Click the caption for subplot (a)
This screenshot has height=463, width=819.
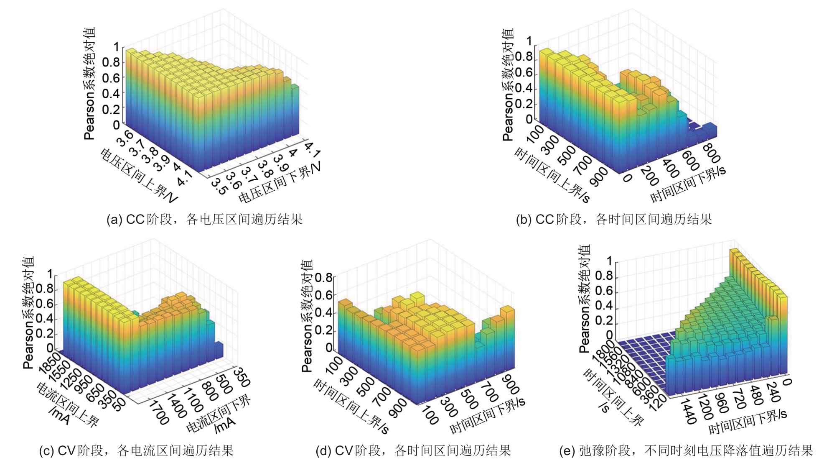pos(204,219)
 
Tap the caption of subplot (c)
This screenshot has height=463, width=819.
pos(136,450)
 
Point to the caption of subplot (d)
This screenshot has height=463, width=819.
pos(413,450)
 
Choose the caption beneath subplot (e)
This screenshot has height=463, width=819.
pos(686,450)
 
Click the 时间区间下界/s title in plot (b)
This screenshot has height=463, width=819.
pos(688,184)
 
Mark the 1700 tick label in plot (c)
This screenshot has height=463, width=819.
pos(159,412)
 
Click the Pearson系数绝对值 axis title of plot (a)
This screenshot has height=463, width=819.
pos(90,84)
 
